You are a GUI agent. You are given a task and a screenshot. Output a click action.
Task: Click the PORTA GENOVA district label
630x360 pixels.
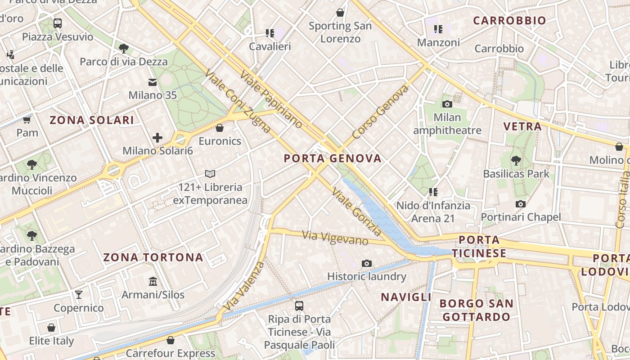(333, 158)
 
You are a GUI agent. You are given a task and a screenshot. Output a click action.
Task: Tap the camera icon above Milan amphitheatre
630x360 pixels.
(447, 104)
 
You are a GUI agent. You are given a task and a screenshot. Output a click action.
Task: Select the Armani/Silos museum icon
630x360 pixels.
(153, 281)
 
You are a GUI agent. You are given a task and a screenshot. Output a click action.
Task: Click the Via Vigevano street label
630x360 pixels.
(335, 237)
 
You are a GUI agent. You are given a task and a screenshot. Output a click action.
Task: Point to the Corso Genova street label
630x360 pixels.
(380, 112)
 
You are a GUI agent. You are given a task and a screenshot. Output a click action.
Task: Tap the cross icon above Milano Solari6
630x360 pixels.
(157, 137)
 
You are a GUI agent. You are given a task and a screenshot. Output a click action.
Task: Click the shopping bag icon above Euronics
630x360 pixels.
(220, 128)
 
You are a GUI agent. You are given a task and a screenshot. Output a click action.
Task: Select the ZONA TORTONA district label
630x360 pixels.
(153, 257)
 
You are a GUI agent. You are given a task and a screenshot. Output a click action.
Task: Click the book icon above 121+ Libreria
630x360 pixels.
(210, 174)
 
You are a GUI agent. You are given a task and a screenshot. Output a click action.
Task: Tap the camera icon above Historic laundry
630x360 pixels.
(367, 263)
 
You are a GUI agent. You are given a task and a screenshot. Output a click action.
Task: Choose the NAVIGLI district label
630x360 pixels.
(406, 297)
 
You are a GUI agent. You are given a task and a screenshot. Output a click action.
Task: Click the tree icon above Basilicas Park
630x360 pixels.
(516, 160)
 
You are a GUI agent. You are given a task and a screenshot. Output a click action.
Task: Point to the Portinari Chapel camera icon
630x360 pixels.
(521, 204)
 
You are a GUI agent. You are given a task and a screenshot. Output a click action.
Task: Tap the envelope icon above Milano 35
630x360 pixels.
(153, 82)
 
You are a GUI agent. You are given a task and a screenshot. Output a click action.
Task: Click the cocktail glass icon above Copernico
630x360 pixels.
(79, 295)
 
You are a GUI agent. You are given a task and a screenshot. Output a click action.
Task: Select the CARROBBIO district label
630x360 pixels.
(509, 20)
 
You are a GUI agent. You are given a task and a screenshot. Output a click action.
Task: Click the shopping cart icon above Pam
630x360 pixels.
(27, 120)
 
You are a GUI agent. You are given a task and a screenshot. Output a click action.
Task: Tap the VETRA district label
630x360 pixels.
(522, 126)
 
